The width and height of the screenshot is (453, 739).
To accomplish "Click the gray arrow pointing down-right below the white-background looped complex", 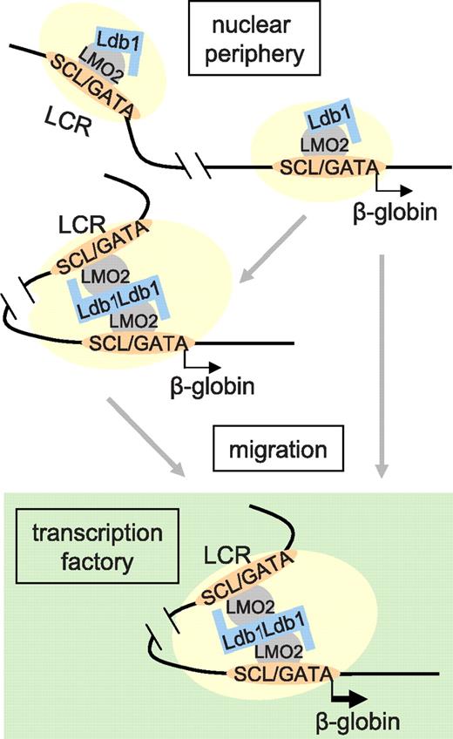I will [x=145, y=436].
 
